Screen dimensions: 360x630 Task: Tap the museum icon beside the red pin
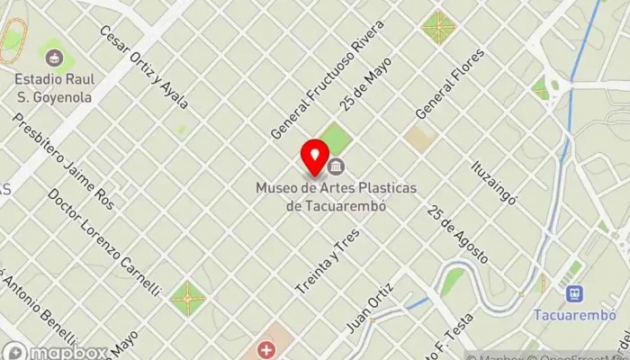coord(337,166)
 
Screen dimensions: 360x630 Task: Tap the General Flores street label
coord(449,83)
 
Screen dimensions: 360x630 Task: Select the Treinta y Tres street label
coord(328,262)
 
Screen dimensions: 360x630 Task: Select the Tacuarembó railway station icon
coord(573,293)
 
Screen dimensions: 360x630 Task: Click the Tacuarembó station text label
coord(573,316)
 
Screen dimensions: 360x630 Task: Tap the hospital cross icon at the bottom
coord(266,348)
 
